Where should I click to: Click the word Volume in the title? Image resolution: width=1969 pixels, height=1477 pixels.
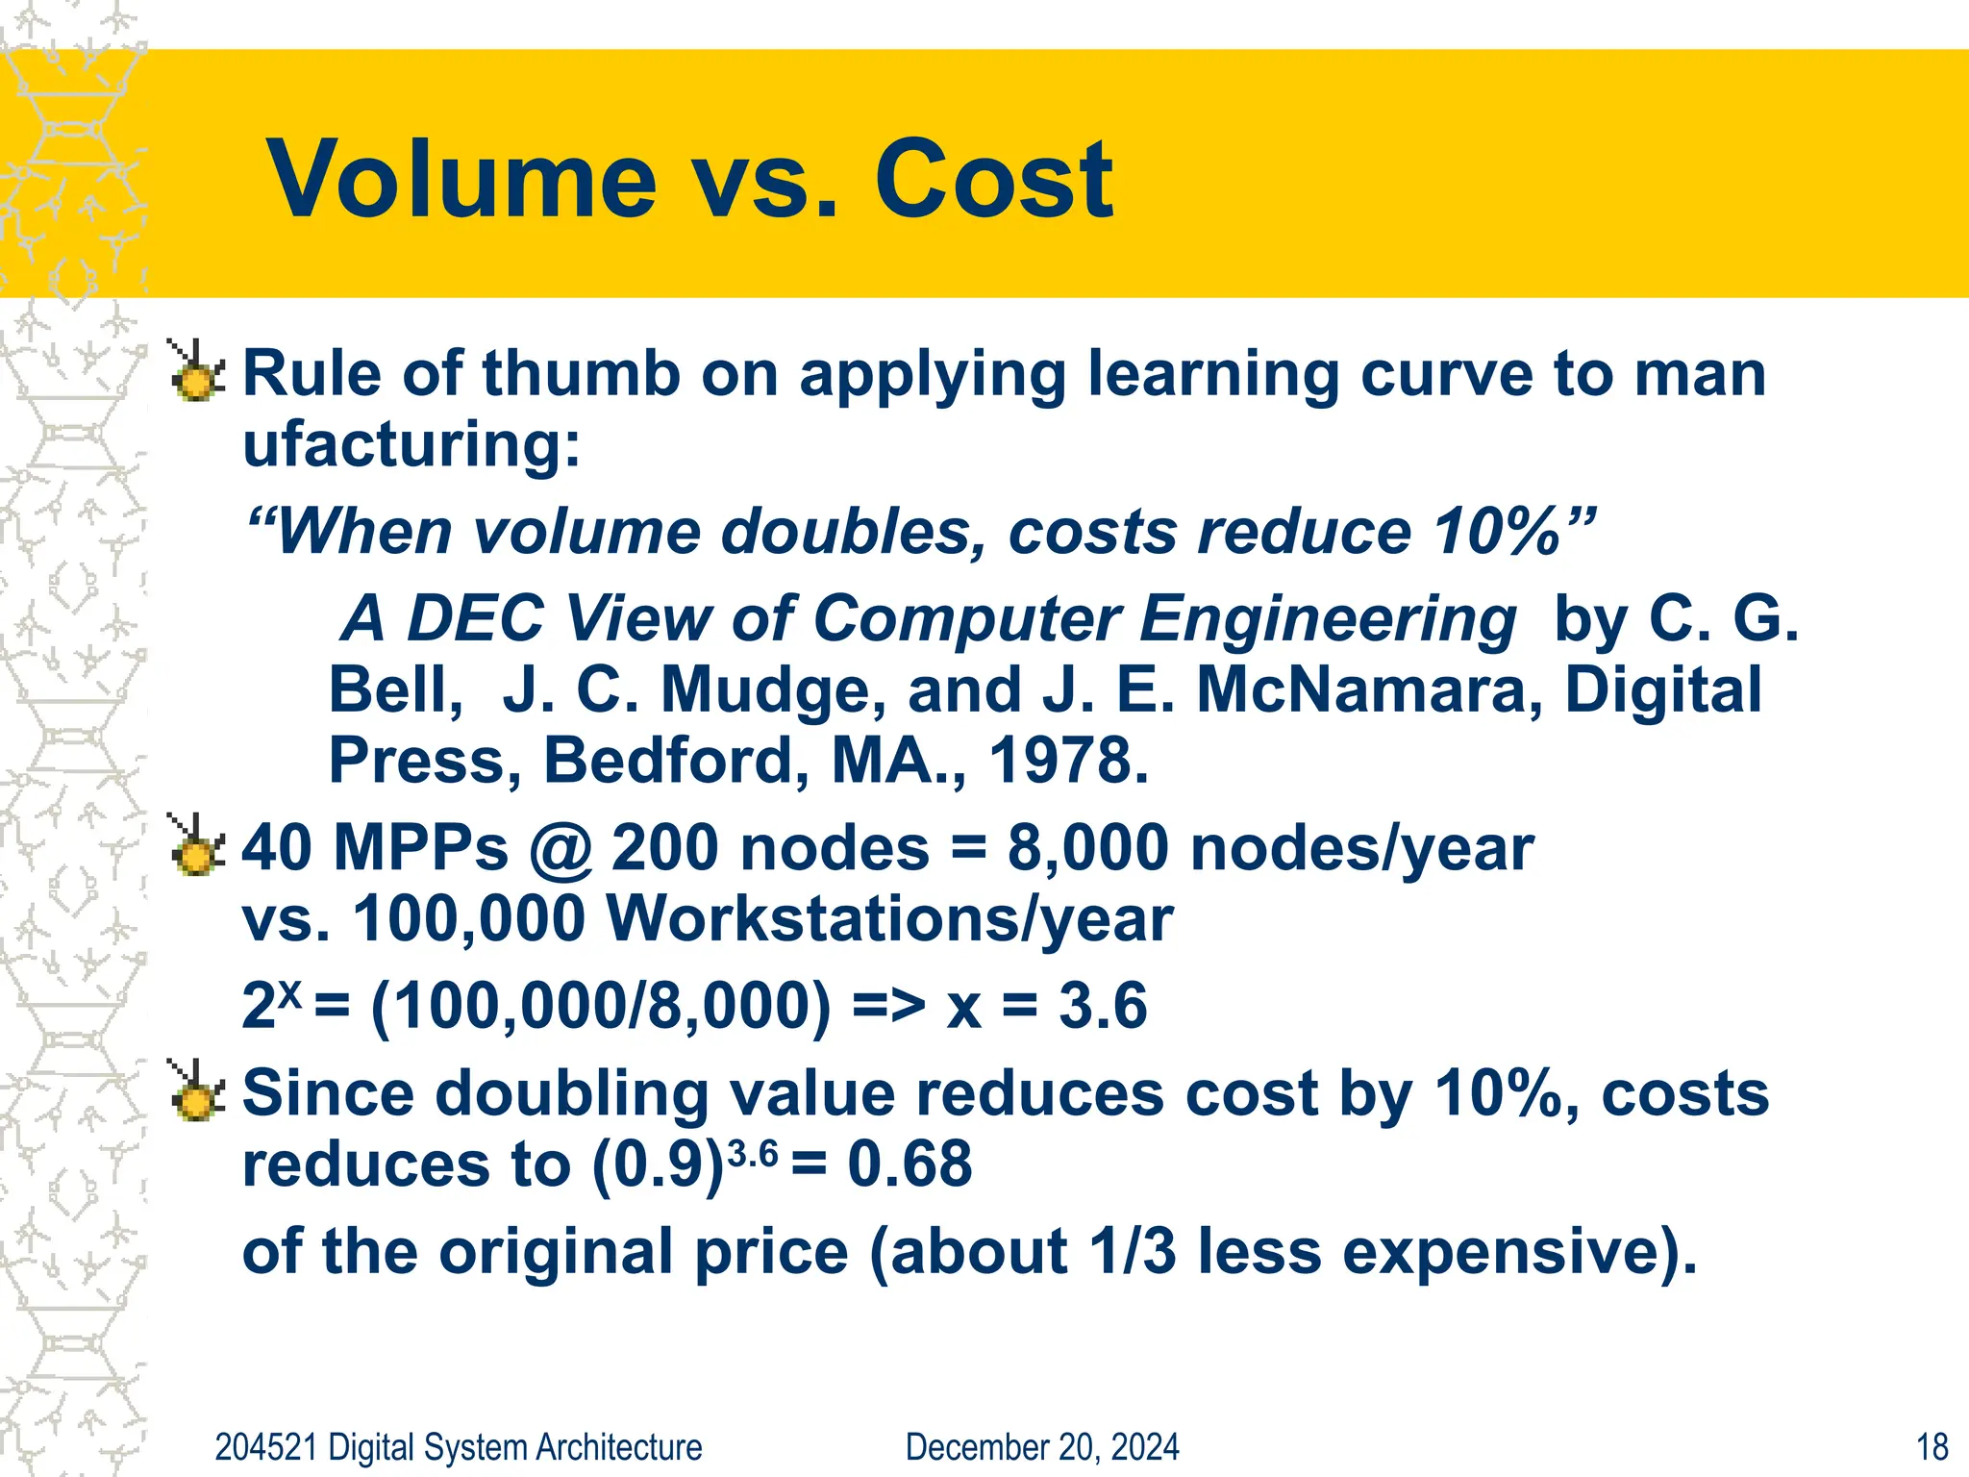point(461,180)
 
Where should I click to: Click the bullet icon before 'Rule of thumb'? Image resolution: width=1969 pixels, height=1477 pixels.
point(196,372)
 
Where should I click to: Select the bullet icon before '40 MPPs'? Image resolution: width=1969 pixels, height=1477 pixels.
point(196,846)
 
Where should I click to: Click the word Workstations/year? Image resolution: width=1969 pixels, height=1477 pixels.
point(889,920)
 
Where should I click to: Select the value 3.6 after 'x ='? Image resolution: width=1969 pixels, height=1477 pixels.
point(1103,1007)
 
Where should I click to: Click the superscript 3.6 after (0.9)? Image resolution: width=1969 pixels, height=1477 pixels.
point(753,1152)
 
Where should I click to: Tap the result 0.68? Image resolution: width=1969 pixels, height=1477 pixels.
point(910,1164)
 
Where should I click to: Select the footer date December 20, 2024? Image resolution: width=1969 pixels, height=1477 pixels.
point(1041,1447)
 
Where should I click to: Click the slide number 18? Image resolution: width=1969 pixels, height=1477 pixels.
point(1932,1447)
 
